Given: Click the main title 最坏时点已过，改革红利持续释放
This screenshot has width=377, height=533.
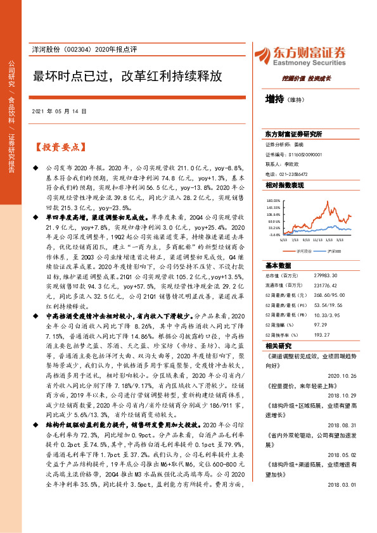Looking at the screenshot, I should pos(127,76).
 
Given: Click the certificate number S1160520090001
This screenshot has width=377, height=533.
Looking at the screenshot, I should pos(303,154).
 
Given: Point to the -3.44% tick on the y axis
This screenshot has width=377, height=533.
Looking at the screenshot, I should pos(274,234).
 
